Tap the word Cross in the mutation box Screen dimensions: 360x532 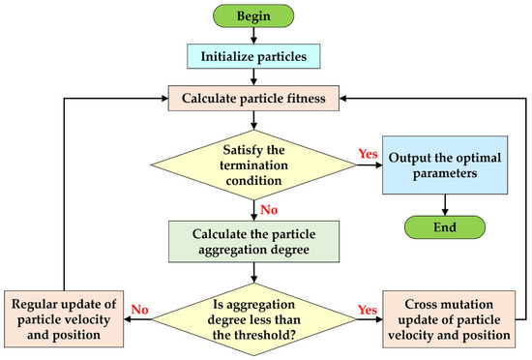[x=406, y=306]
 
